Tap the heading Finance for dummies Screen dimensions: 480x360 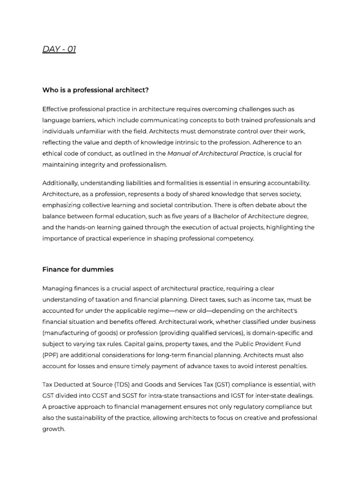point(78,270)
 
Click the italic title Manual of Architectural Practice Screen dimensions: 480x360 point(216,153)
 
